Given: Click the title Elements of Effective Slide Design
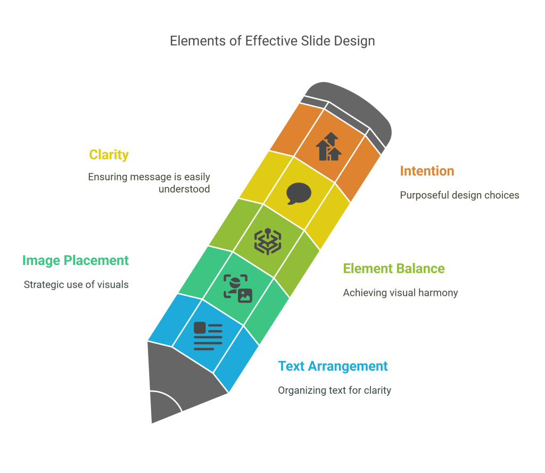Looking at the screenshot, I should coord(272,41).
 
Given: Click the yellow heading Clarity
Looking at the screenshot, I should coord(109,155).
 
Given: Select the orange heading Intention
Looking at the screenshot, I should coord(427,171).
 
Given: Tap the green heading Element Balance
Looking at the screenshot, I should coord(393,269).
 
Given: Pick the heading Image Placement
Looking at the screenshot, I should coord(76,260).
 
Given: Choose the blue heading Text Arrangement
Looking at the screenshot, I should coord(333,367).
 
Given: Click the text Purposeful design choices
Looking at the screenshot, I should coord(459,195).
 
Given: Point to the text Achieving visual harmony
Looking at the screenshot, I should coord(400,293).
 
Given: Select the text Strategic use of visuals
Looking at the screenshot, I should coord(76,285).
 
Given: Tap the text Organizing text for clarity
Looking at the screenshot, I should coord(334,391).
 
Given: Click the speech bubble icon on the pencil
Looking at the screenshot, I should coord(299,193).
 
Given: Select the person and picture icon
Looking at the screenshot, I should coord(237,288).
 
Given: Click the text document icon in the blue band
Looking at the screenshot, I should coord(208,336).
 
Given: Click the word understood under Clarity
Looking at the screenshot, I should coord(184,189).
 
